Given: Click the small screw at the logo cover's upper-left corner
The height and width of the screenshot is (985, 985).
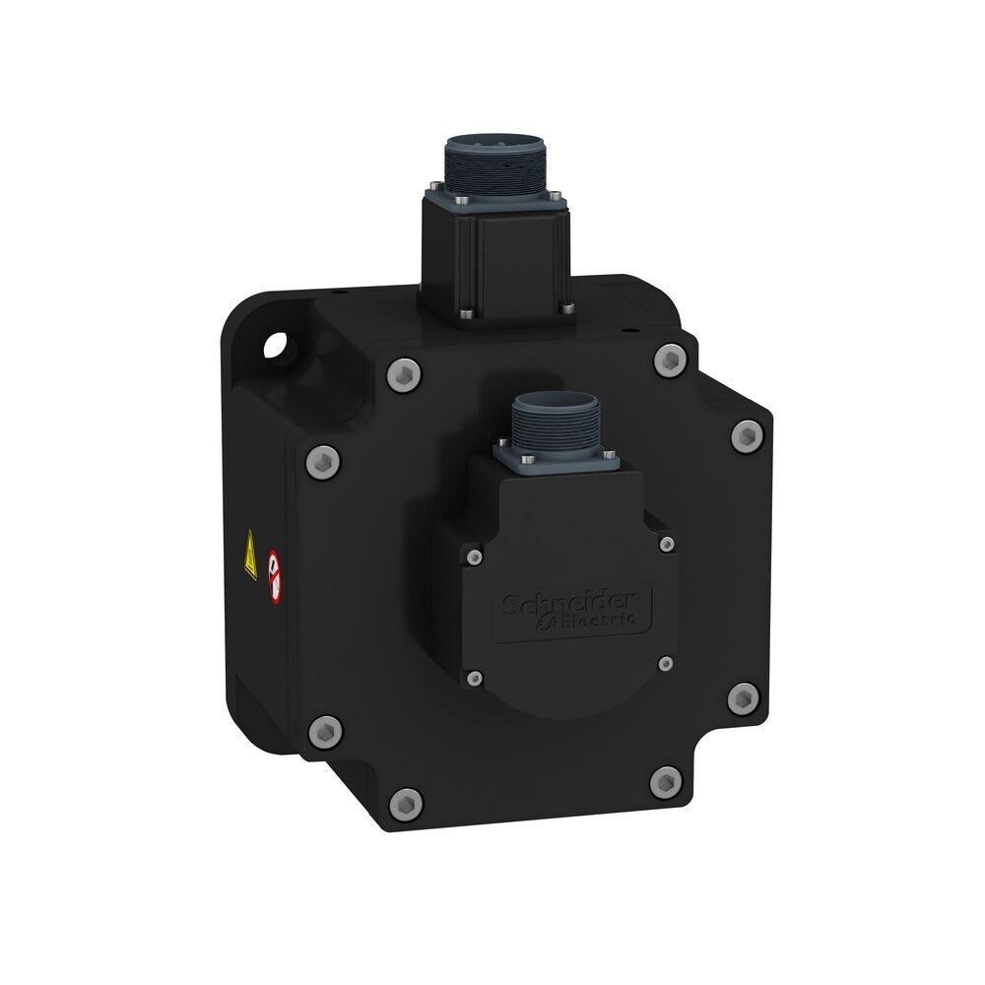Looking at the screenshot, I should [x=475, y=558].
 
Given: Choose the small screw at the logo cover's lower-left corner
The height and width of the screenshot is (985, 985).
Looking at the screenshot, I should [x=475, y=678].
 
